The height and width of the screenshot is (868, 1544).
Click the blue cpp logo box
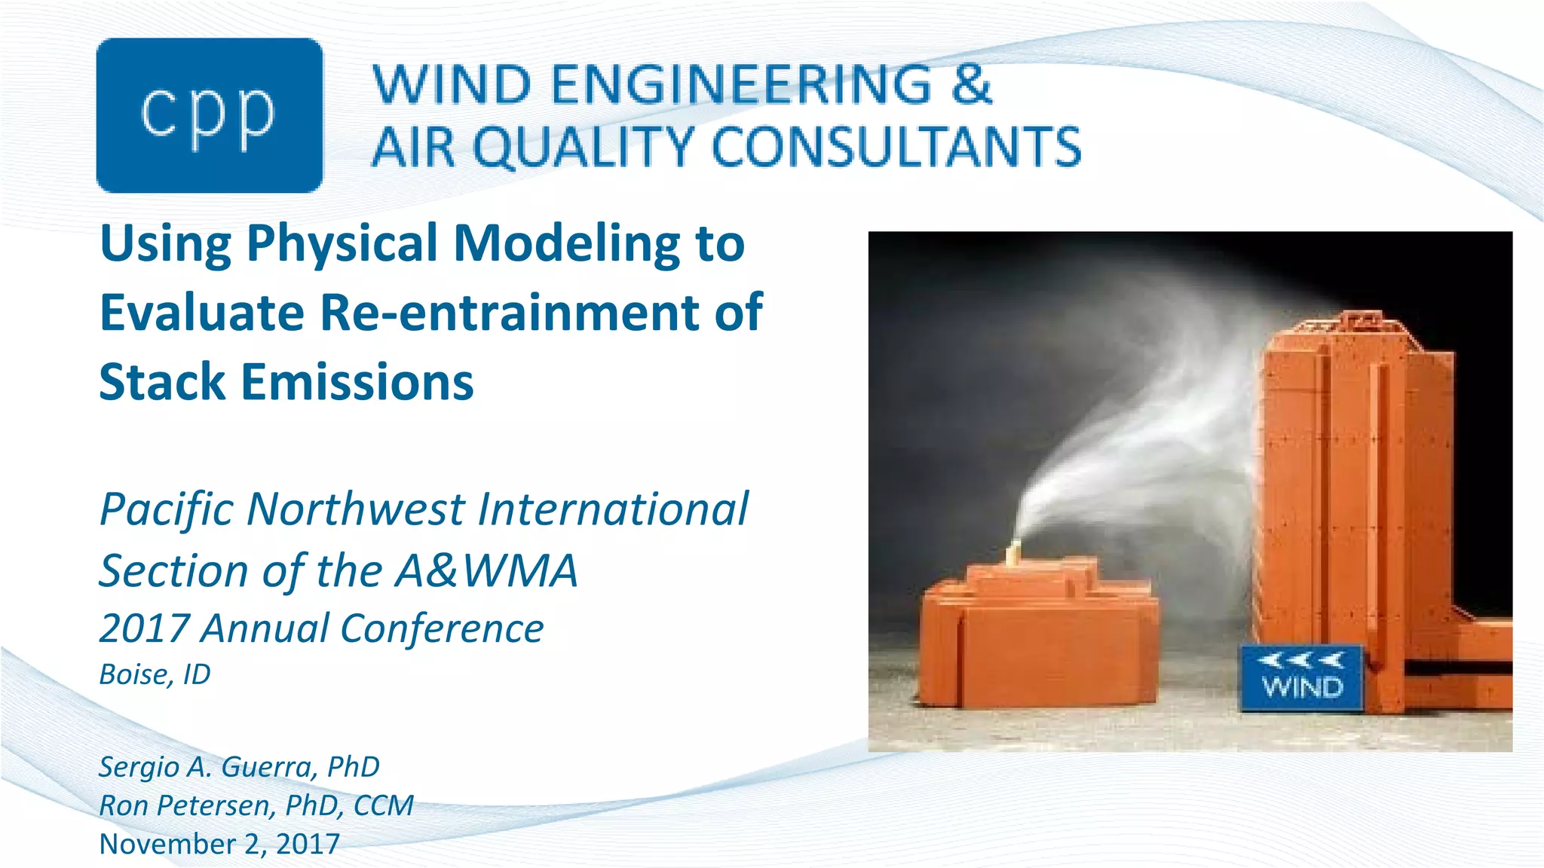tap(210, 115)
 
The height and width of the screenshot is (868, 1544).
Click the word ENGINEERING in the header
tap(742, 84)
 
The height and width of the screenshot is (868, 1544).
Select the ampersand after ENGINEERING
tap(970, 84)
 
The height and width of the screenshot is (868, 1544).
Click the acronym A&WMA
tap(487, 570)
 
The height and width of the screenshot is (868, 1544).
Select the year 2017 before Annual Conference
tap(144, 628)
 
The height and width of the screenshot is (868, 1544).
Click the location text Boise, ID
tap(155, 674)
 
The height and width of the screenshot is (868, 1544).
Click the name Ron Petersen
tap(185, 805)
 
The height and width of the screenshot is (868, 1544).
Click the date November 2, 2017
tap(219, 844)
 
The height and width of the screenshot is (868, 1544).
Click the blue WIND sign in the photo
tap(1302, 677)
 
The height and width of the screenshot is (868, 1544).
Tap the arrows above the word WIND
tap(1302, 661)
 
